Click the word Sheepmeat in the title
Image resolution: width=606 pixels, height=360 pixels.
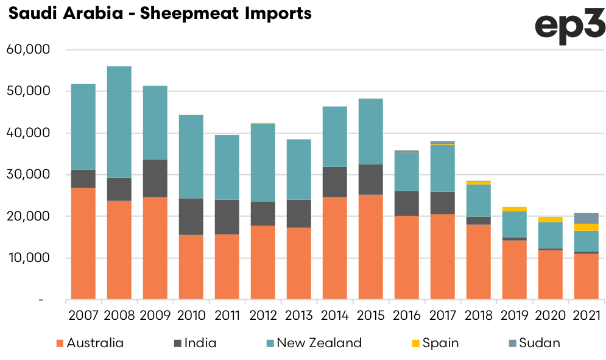click(182, 13)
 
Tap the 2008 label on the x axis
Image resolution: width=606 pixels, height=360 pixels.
click(119, 316)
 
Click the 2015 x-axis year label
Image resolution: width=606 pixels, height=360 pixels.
click(371, 316)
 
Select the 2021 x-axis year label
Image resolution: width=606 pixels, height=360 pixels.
click(587, 316)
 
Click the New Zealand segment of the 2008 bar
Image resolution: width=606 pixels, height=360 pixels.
click(119, 122)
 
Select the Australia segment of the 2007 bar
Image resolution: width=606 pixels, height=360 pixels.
click(83, 244)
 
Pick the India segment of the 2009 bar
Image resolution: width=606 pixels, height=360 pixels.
click(155, 178)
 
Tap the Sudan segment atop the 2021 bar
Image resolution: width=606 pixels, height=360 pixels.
click(587, 218)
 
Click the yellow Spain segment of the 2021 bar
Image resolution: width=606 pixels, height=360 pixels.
click(587, 227)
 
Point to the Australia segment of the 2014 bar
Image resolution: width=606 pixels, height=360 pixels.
click(335, 249)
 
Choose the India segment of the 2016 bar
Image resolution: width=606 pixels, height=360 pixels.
click(407, 203)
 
